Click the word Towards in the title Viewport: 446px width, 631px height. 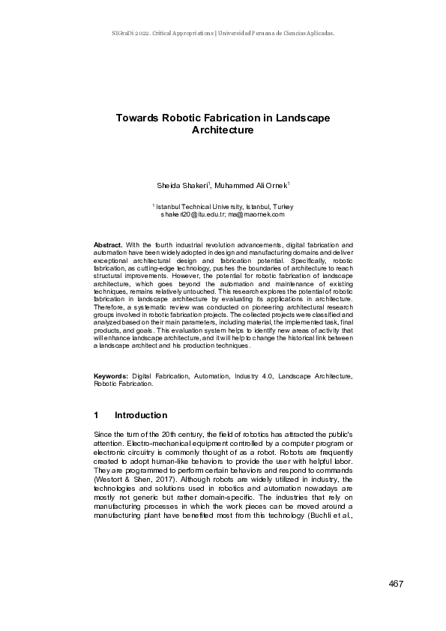[136, 118]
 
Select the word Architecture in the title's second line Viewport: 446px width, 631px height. [223, 130]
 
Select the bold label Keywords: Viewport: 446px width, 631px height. [111, 375]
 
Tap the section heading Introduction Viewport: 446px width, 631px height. [141, 415]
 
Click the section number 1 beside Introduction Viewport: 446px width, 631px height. [97, 415]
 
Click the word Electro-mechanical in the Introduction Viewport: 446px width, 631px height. [157, 445]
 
